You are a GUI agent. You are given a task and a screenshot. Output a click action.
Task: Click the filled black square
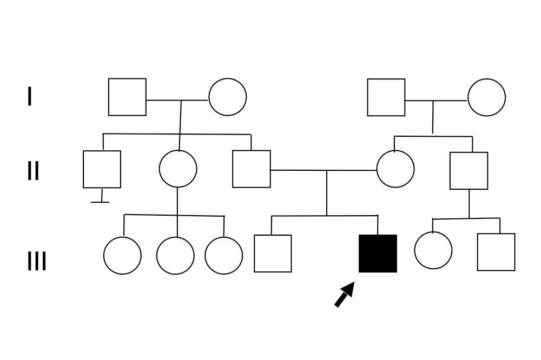click(378, 254)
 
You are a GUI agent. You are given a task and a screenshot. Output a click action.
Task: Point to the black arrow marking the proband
click(345, 295)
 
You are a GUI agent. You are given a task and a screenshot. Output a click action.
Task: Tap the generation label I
click(29, 97)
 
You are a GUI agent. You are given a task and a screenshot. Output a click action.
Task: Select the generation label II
click(33, 171)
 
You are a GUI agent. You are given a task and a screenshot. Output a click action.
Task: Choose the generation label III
click(37, 262)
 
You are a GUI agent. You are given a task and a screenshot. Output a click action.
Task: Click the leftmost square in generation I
click(127, 97)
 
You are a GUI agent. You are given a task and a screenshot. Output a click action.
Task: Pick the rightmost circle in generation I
click(486, 97)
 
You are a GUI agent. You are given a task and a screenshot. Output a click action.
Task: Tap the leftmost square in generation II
click(102, 169)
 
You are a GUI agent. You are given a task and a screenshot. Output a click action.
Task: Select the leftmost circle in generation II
click(177, 169)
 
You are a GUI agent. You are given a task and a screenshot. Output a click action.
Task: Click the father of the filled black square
click(252, 169)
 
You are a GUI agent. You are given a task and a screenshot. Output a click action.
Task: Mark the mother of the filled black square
click(395, 169)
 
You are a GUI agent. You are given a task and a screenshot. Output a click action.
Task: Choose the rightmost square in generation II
click(469, 171)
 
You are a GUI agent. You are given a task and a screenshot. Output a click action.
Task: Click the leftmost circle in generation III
click(122, 256)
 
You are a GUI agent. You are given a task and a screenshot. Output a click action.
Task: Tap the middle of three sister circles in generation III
click(175, 256)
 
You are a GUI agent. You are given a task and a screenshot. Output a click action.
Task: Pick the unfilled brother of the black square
click(273, 254)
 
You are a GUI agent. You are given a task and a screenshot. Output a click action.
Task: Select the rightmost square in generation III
click(496, 252)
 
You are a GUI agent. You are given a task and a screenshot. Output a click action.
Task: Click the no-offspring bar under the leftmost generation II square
click(100, 202)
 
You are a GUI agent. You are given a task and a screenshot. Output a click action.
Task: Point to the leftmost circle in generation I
click(227, 97)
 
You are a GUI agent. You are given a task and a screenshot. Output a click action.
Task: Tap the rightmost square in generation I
click(386, 97)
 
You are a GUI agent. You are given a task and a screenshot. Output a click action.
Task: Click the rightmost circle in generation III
click(433, 250)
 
